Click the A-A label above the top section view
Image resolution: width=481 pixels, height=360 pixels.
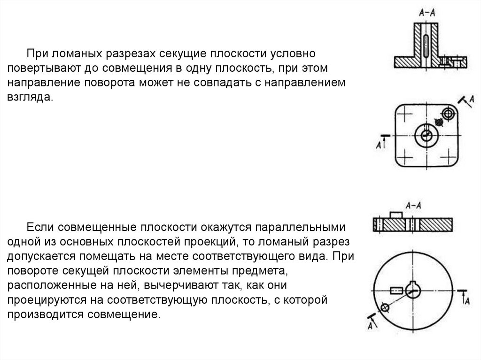(426, 15)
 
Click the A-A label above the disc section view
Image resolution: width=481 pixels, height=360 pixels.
(412, 205)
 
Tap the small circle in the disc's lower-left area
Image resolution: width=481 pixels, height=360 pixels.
(385, 307)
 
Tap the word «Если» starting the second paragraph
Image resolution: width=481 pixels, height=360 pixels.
(36, 228)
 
